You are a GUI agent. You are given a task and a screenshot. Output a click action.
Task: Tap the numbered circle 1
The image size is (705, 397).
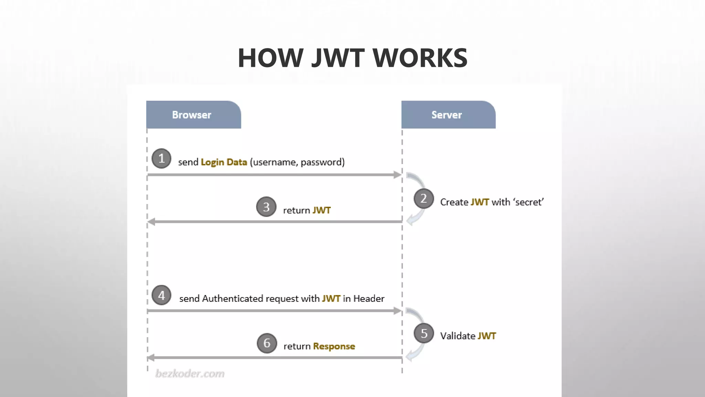[161, 159]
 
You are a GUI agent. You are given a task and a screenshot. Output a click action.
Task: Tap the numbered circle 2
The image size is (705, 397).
[423, 198]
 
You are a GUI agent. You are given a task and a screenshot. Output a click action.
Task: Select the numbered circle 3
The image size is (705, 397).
[266, 207]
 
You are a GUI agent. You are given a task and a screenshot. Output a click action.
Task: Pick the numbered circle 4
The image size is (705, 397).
[161, 295]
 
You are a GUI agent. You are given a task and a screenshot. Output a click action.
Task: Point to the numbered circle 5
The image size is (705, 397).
[424, 333]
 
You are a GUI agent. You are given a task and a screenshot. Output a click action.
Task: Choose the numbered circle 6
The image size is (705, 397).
[267, 343]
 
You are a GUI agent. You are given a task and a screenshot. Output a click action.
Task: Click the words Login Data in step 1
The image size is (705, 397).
[224, 162]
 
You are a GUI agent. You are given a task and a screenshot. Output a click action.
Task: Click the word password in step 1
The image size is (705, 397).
[322, 162]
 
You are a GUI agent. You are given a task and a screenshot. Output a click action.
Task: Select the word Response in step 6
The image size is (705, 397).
[334, 346]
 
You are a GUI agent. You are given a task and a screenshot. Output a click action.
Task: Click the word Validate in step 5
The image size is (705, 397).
[457, 336]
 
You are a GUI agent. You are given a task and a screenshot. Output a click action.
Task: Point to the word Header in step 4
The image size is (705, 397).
[369, 298]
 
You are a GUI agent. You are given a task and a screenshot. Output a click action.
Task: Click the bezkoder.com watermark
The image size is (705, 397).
[190, 374]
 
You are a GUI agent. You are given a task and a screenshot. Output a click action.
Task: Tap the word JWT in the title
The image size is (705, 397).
[338, 58]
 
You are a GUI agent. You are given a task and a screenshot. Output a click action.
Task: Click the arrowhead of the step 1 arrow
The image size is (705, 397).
[398, 175]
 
